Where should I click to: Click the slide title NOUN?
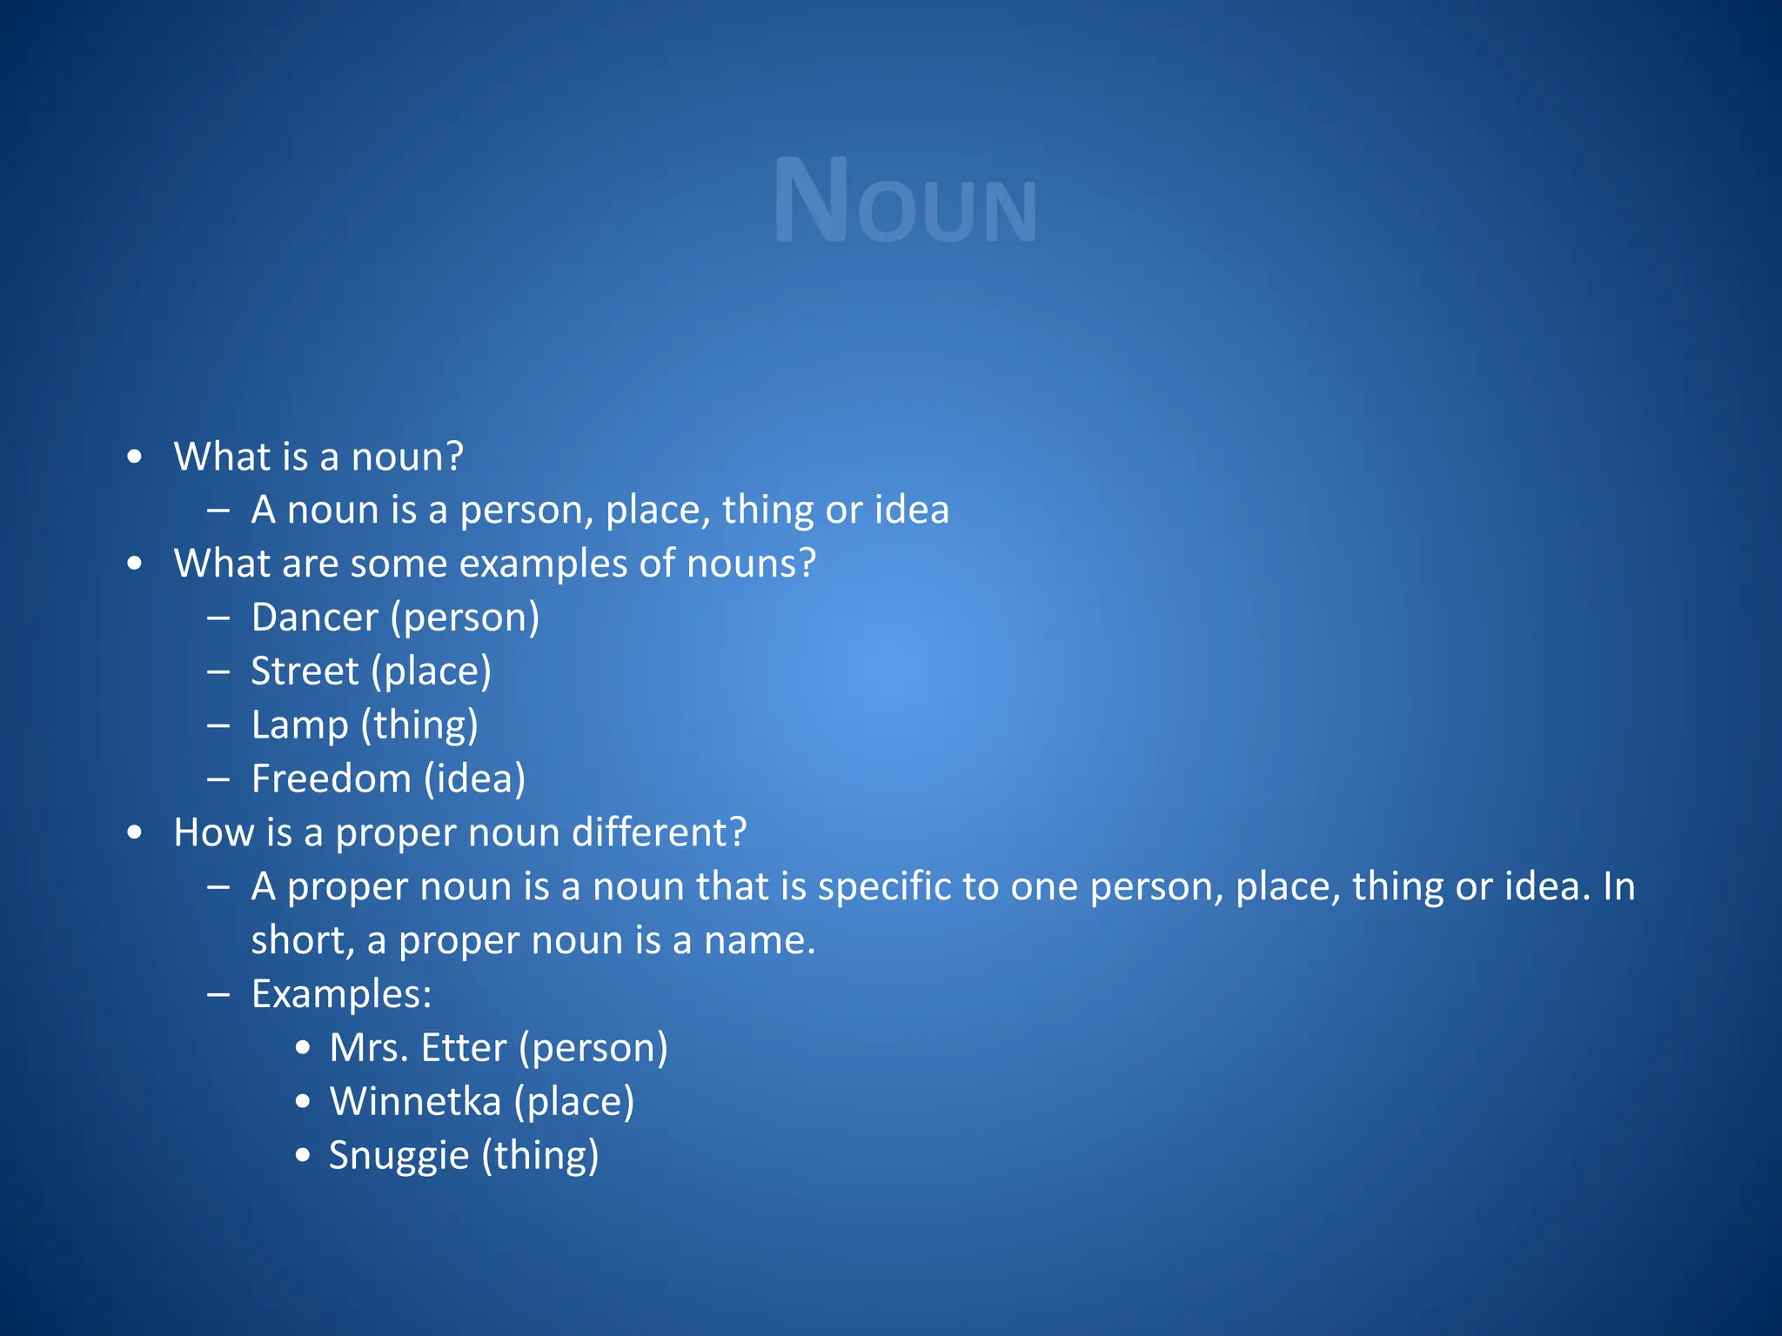pyautogui.click(x=905, y=202)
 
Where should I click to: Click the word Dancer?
pyautogui.click(x=315, y=618)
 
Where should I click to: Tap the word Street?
pyautogui.click(x=305, y=671)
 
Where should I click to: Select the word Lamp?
pyautogui.click(x=299, y=725)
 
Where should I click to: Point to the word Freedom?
pyautogui.click(x=331, y=779)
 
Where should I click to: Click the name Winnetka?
pyautogui.click(x=415, y=1102)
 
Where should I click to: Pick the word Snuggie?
pyautogui.click(x=399, y=1156)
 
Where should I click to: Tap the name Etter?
pyautogui.click(x=464, y=1048)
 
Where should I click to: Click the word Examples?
pyautogui.click(x=341, y=994)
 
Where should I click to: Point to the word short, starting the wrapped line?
pyautogui.click(x=302, y=941)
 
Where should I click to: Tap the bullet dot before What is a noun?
pyautogui.click(x=134, y=458)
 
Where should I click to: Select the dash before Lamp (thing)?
pyautogui.click(x=218, y=725)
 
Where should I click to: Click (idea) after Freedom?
pyautogui.click(x=474, y=779)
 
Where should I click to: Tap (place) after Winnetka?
pyautogui.click(x=573, y=1102)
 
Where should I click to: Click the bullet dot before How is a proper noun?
pyautogui.click(x=134, y=833)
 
